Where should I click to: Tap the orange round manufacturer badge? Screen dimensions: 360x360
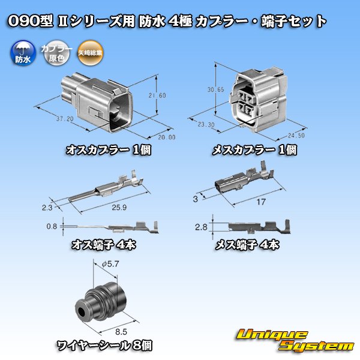pyautogui.click(x=90, y=54)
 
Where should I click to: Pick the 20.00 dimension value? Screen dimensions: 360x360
pyautogui.click(x=151, y=137)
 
